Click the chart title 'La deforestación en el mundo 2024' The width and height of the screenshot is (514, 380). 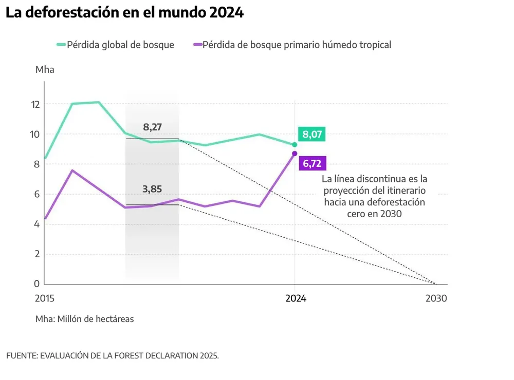pyautogui.click(x=124, y=13)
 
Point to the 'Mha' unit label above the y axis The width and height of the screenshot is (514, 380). pyautogui.click(x=45, y=70)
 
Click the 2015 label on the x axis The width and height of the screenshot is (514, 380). pyautogui.click(x=45, y=298)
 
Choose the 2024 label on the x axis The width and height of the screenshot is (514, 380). pyautogui.click(x=296, y=298)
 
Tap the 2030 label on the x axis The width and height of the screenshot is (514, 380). pyautogui.click(x=436, y=298)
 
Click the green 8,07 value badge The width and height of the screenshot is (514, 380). pyautogui.click(x=313, y=135)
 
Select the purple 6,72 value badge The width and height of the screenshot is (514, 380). pyautogui.click(x=313, y=164)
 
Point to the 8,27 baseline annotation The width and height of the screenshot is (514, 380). pyautogui.click(x=152, y=127)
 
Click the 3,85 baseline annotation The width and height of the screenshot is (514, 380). pyautogui.click(x=152, y=189)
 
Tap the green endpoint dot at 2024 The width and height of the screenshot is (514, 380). pyautogui.click(x=295, y=145)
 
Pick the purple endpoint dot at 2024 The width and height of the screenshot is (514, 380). pyautogui.click(x=295, y=154)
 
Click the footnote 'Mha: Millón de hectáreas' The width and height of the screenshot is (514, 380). pyautogui.click(x=85, y=319)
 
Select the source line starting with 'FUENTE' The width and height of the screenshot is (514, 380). pyautogui.click(x=113, y=355)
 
